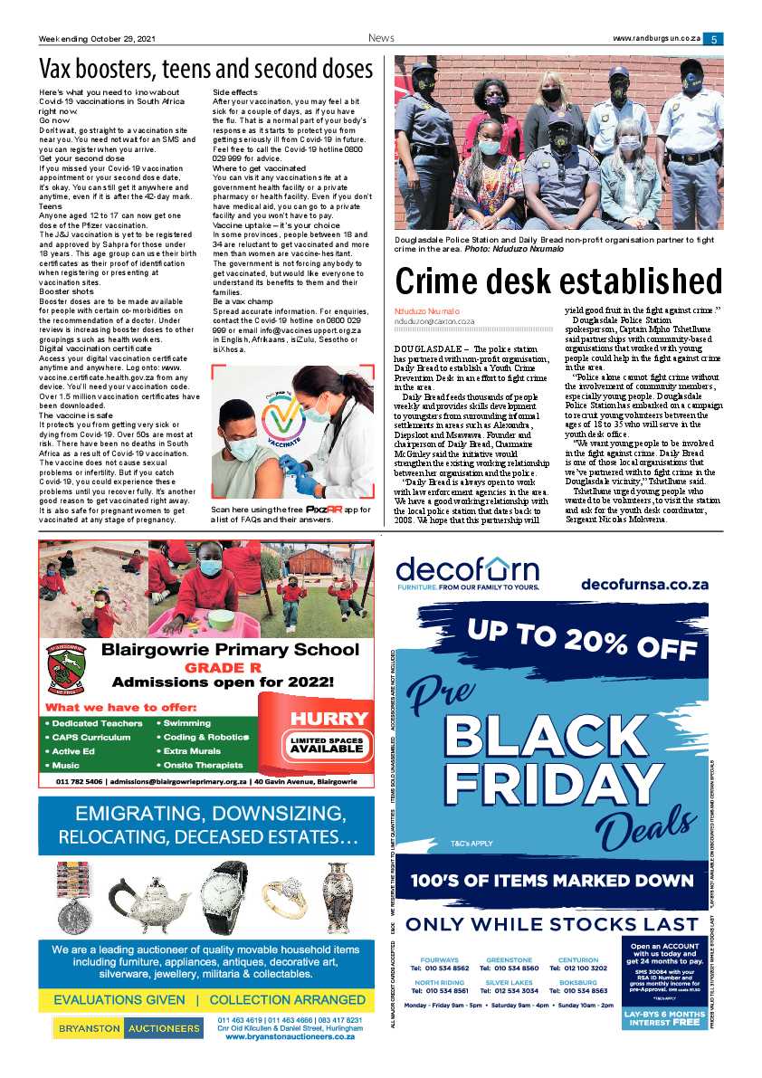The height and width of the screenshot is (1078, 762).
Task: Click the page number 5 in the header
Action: (x=714, y=39)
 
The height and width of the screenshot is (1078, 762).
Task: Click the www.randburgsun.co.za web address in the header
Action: (x=657, y=39)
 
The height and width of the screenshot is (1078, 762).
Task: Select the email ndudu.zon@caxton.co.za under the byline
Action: (x=434, y=321)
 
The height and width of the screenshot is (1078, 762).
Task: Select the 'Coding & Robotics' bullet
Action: (x=205, y=737)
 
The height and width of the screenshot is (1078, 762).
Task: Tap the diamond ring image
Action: (x=284, y=899)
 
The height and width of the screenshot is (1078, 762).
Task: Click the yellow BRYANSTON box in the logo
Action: (x=87, y=1029)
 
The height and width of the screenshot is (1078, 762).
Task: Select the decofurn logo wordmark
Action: (x=467, y=570)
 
